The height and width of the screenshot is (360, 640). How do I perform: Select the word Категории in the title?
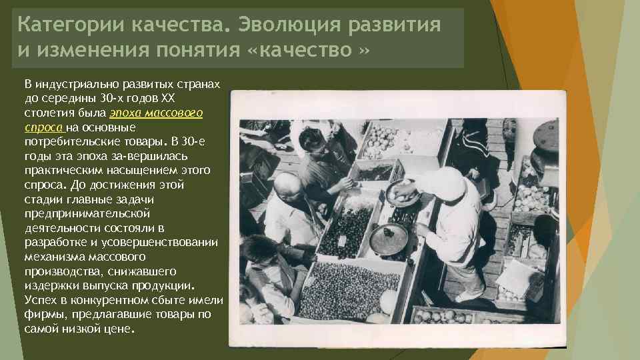tap(72, 25)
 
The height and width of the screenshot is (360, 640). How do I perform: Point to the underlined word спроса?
tap(43, 127)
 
